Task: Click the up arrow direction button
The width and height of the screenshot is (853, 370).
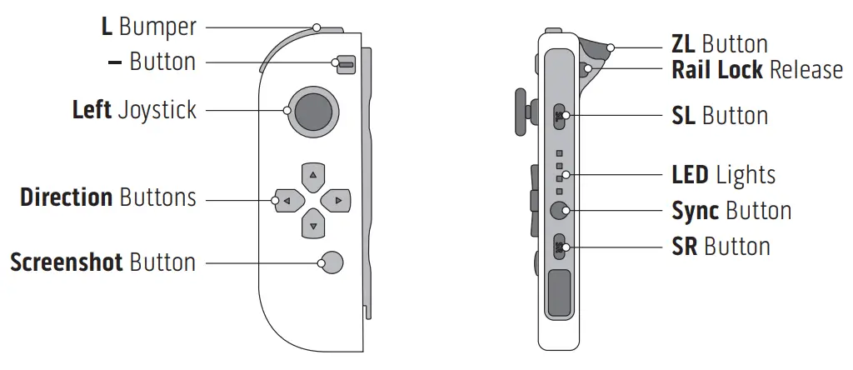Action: [x=312, y=176]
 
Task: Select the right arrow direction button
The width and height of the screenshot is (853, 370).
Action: [x=336, y=200]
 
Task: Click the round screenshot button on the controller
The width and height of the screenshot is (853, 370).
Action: [x=331, y=262]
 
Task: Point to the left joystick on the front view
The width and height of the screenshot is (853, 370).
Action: [x=313, y=111]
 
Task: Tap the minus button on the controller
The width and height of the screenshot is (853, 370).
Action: [x=343, y=63]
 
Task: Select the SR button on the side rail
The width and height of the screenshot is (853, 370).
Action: [x=559, y=246]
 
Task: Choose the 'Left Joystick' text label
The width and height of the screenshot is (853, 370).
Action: [x=134, y=110]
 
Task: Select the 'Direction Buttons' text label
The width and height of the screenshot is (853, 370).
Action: [x=108, y=197]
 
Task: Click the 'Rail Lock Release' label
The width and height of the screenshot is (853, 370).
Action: [x=757, y=69]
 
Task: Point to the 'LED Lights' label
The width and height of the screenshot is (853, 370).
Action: [x=723, y=175]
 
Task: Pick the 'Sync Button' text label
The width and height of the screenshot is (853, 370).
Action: [x=731, y=211]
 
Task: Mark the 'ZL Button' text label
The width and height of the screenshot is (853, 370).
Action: [x=719, y=43]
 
